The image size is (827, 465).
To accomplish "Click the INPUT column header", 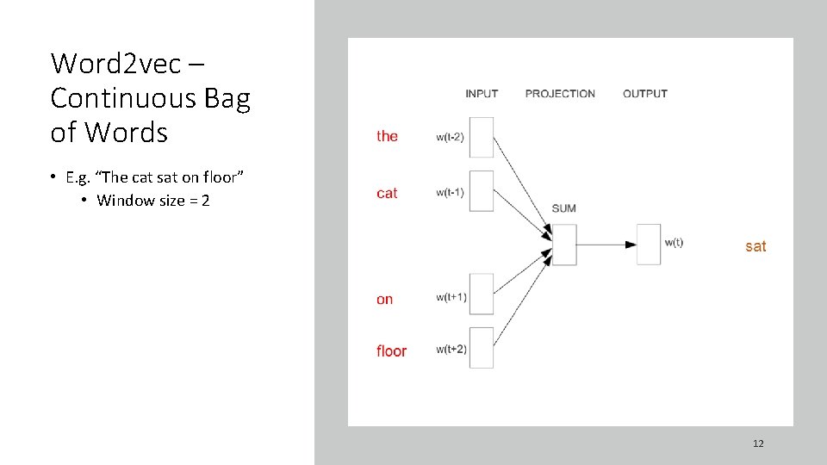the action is [482, 93].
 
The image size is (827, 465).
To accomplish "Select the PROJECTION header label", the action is [560, 93].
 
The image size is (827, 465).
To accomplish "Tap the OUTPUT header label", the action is [645, 93].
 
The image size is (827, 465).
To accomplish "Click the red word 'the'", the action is [387, 136].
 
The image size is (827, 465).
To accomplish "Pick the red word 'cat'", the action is [387, 194].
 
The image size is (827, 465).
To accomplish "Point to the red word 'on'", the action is [384, 300].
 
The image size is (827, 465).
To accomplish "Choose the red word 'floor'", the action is [391, 351].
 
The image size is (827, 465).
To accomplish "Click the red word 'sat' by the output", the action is [755, 246].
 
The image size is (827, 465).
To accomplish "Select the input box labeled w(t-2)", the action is [482, 137].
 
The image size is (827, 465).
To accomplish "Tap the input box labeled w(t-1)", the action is [482, 191].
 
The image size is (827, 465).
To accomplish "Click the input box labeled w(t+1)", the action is [482, 294].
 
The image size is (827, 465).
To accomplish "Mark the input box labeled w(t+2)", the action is [482, 348].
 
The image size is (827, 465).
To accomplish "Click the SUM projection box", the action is [563, 245].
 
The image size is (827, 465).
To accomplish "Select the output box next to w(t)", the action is [649, 245].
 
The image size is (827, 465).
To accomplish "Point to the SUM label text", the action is [563, 208].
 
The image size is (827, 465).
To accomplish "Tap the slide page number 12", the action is [758, 443].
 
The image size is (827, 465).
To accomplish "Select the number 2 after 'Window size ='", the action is [206, 201].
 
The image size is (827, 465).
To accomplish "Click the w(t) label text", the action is [674, 242].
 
